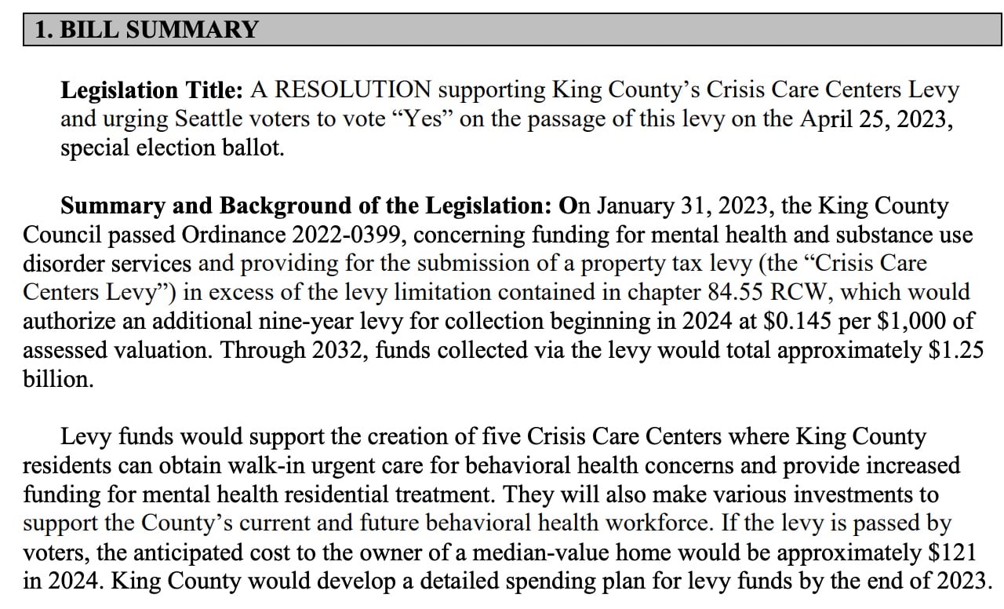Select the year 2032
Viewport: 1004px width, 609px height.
[340, 350]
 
